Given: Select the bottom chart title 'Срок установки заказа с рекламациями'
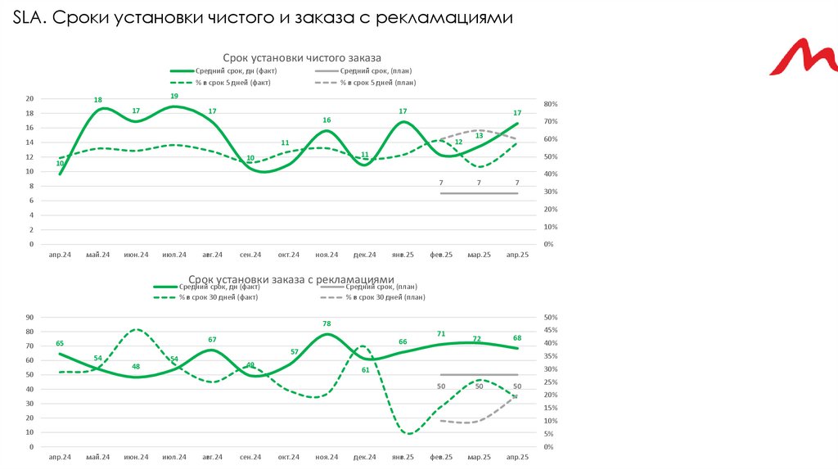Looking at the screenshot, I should pos(291,279).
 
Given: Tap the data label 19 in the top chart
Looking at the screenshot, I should pos(174,97).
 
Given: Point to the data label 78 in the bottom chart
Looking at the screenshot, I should pos(327,324).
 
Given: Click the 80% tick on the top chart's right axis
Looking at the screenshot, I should pos(549,104).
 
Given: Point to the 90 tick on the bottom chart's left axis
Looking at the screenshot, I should pos(29,317).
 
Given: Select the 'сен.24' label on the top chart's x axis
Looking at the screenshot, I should pos(250,255).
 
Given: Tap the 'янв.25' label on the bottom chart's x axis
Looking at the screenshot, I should pos(403,457).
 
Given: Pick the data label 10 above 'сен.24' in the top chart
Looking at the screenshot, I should pos(250,158).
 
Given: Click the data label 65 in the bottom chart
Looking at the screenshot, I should pos(60,344).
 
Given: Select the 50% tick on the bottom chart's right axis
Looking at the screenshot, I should pos(549,317).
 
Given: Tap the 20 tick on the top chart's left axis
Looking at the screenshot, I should pos(29,98).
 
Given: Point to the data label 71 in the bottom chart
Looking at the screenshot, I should pos(440,334).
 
